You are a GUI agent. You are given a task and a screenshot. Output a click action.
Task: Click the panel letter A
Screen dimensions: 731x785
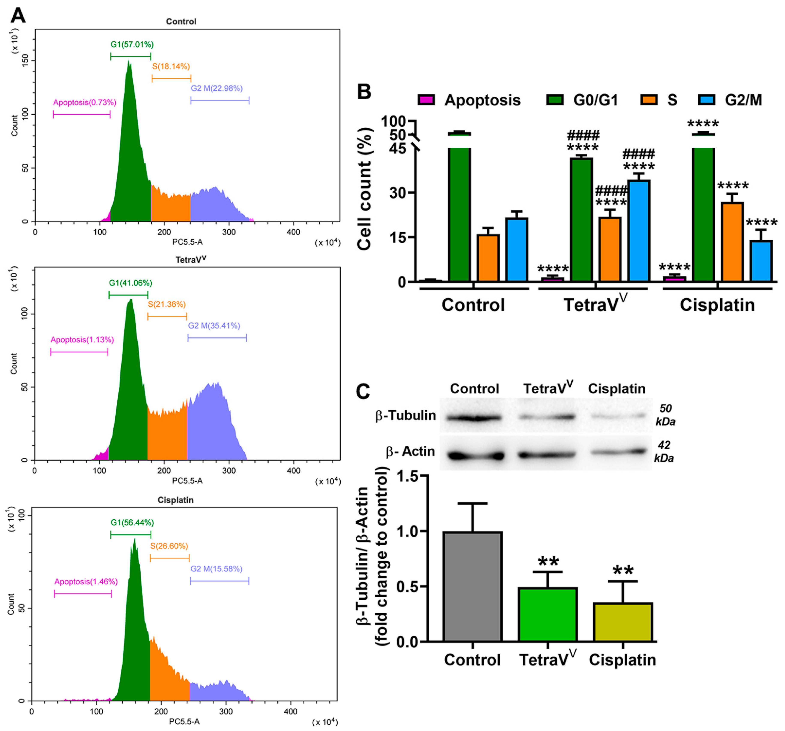coord(18,16)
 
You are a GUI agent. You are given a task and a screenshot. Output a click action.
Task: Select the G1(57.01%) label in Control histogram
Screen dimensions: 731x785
coord(132,45)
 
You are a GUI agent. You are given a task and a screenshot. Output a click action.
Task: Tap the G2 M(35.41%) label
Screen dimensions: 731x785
coord(214,326)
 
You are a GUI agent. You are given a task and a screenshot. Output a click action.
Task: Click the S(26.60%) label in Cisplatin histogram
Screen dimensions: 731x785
coord(169,546)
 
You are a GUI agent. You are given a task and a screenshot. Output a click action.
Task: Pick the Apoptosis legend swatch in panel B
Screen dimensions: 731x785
coord(426,100)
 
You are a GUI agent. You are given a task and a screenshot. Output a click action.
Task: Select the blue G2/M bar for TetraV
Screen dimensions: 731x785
coord(639,231)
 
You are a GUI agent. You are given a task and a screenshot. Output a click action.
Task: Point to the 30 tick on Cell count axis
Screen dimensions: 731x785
coord(398,193)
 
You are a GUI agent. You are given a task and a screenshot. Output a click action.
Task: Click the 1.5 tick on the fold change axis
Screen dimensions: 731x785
coord(407,476)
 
